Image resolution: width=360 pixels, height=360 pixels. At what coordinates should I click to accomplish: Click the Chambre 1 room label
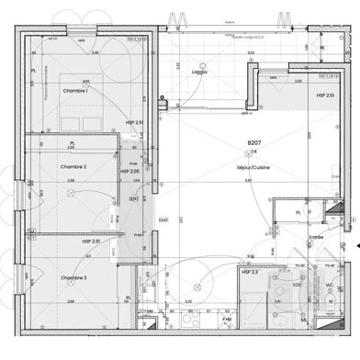(74, 92)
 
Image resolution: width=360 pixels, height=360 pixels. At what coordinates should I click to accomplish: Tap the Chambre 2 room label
(73, 166)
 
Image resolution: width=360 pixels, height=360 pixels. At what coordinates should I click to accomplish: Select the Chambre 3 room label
(73, 277)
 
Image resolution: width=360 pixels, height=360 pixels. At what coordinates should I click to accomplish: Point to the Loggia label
(199, 71)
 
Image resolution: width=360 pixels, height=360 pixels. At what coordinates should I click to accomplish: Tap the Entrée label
(317, 236)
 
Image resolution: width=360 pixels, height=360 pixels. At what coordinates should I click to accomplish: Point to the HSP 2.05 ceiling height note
(130, 171)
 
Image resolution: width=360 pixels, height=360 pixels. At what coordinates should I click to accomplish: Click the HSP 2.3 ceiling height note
(249, 273)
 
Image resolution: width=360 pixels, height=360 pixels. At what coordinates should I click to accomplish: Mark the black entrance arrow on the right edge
(356, 246)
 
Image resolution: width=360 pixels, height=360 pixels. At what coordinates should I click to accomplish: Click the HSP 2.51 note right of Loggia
(326, 95)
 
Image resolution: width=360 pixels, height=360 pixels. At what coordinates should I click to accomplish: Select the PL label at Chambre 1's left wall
(34, 70)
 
